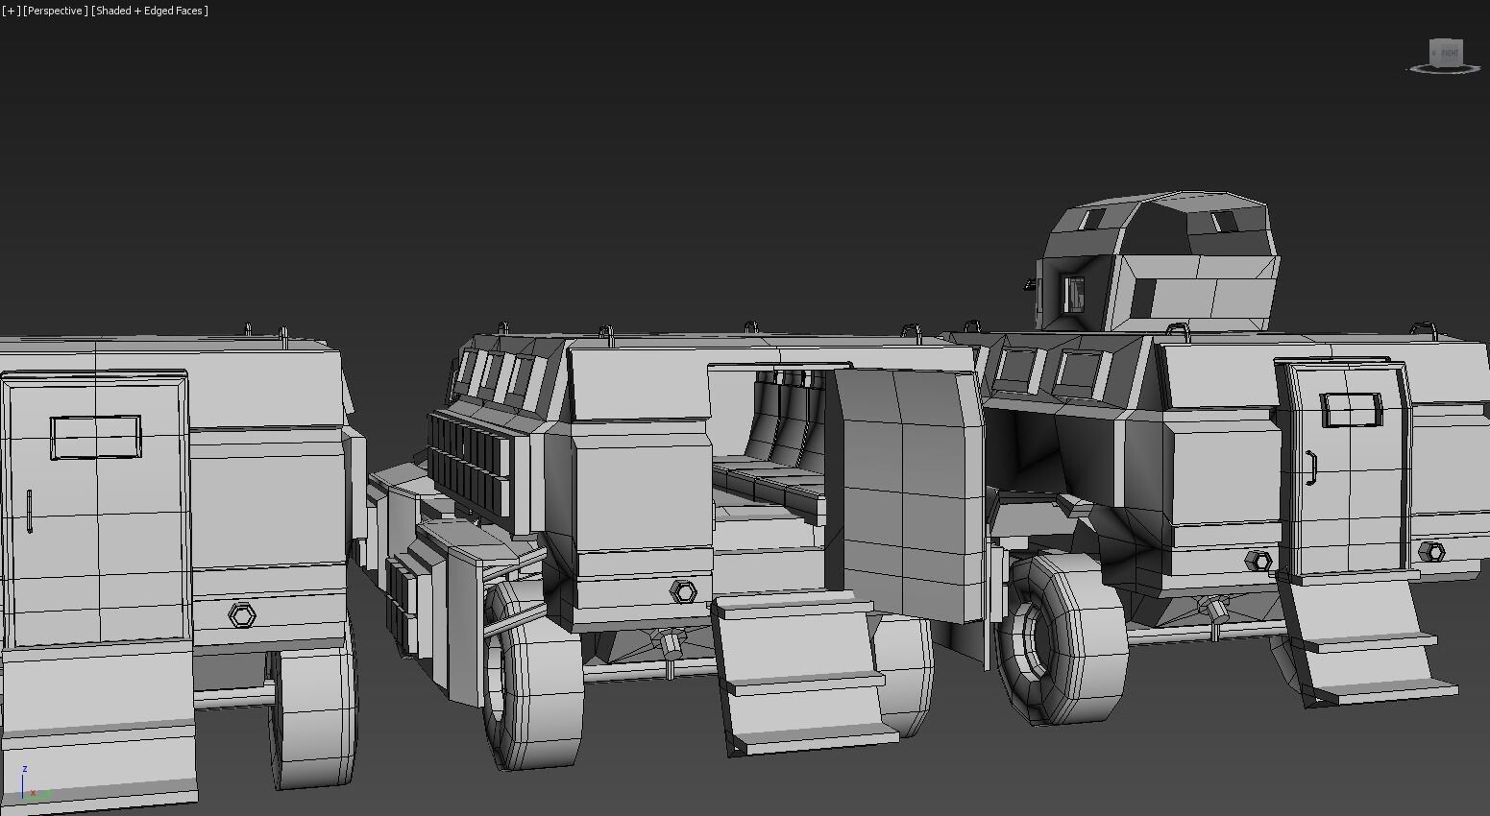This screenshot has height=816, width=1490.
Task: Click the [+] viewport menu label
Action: coord(11,11)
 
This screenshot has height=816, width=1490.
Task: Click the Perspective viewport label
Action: coord(56,11)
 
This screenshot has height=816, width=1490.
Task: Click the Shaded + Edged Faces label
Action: coord(150,11)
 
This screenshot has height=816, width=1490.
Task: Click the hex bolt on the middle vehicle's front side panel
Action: coord(683,591)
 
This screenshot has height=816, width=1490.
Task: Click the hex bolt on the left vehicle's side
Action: coord(242,614)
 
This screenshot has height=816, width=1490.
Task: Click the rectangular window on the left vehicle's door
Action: coord(95,438)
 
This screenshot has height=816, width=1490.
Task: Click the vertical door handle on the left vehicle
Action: coord(30,511)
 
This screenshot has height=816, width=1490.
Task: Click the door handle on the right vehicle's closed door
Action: coord(1310,468)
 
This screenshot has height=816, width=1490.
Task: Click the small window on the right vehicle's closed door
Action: coord(1351,409)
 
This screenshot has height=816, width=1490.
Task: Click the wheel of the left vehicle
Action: coord(312,715)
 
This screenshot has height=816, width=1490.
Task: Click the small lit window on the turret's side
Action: coord(1072,293)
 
